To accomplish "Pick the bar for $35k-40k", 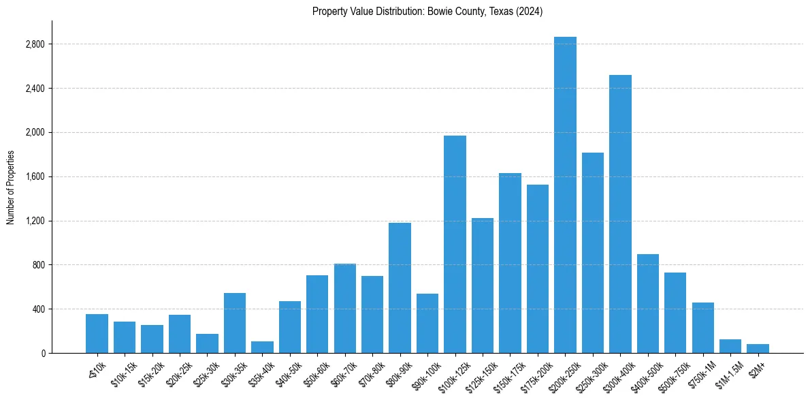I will tap(262, 347).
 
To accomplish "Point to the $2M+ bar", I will tap(758, 348).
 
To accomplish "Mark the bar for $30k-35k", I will tap(235, 323).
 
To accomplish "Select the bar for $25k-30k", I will tap(207, 343).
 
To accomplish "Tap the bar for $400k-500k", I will tap(647, 303).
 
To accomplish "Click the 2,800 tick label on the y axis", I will tap(35, 44).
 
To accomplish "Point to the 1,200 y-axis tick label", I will tap(35, 221).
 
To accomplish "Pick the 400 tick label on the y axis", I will tap(38, 309).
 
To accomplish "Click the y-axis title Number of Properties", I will tap(10, 187).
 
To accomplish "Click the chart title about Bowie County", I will tap(427, 11).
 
